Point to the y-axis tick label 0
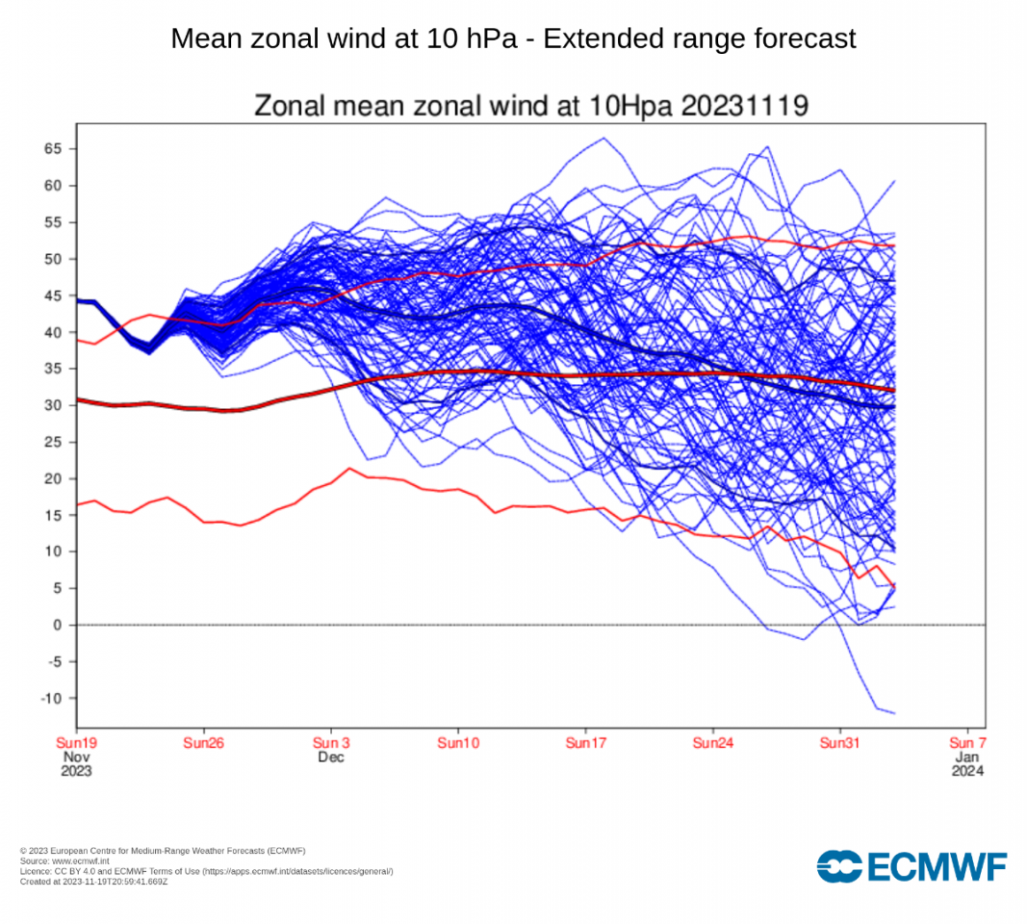click(58, 626)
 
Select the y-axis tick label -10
click(50, 699)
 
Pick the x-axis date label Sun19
click(76, 743)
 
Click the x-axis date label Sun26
click(203, 743)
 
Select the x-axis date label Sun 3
click(331, 743)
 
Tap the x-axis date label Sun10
click(458, 743)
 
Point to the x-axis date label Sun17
click(585, 743)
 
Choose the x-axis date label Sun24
click(712, 743)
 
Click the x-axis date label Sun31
click(840, 743)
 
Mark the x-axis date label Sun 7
click(967, 743)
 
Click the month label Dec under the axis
click(331, 757)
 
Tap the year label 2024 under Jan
click(967, 771)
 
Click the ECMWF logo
click(911, 866)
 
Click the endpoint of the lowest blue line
click(895, 713)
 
